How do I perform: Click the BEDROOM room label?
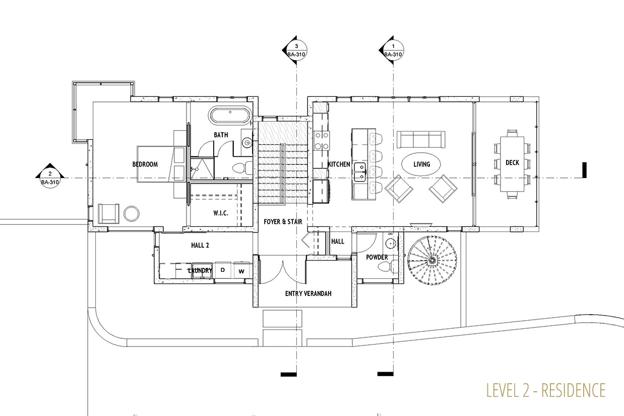145,164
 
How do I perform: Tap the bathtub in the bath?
230,115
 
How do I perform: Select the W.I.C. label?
221,213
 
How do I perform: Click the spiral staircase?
432,260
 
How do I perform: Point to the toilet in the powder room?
388,266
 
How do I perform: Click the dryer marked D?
223,270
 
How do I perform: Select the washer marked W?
241,270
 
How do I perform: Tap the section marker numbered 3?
295,50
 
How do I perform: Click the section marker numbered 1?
392,50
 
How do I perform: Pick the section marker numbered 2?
50,175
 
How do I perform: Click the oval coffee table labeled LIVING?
421,164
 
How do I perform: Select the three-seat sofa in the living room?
421,140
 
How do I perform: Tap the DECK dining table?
512,163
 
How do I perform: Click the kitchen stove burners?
322,141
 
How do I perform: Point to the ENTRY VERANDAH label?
308,293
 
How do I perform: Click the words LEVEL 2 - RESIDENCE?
546,390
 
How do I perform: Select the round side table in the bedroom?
132,214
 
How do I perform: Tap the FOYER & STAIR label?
283,222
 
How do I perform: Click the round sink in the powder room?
391,243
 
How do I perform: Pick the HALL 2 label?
200,245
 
